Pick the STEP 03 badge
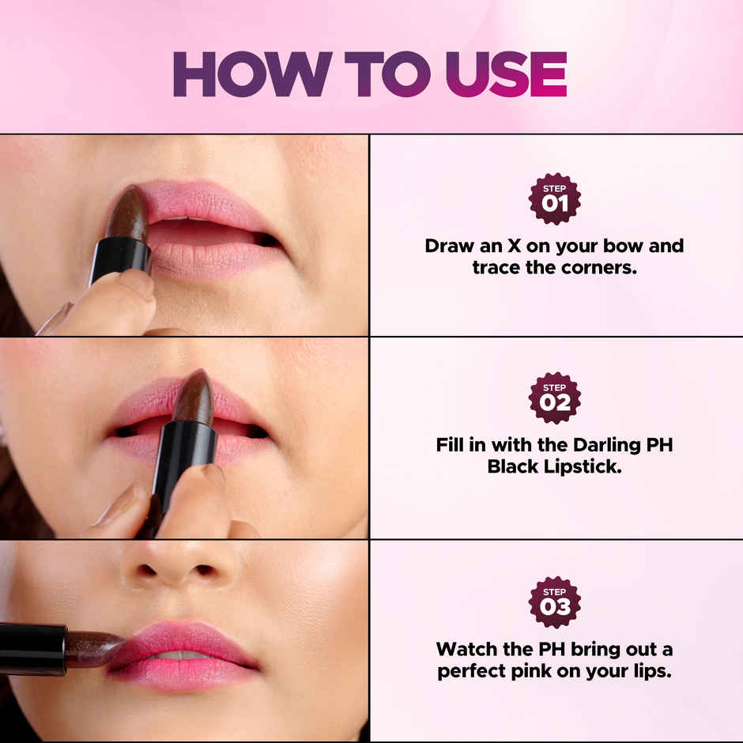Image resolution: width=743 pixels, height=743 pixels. coord(554,602)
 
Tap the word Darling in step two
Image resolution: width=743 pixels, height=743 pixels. coord(586,444)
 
